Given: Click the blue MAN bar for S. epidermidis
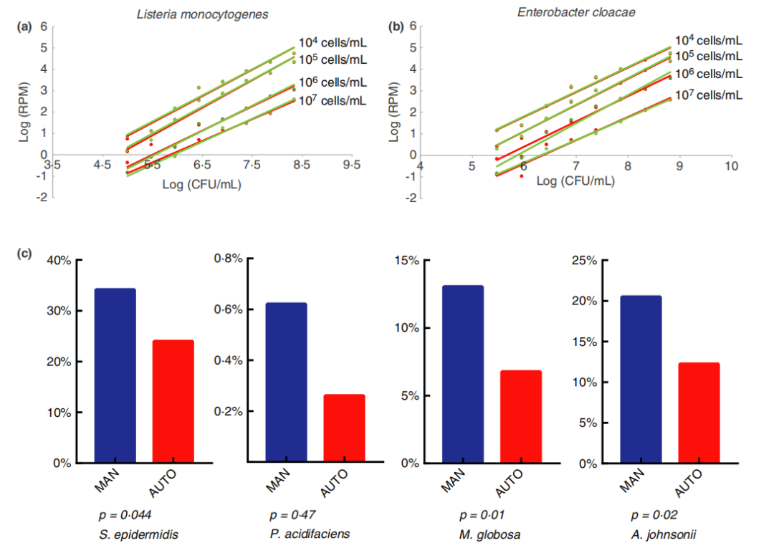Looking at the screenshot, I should click(x=115, y=376).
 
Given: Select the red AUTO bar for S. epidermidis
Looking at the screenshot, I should click(x=173, y=402).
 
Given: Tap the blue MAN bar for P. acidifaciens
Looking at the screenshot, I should click(x=286, y=383).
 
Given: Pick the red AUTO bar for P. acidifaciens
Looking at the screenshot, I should click(x=344, y=429).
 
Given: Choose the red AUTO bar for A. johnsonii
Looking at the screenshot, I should click(x=698, y=413).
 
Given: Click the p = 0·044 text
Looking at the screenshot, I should click(x=124, y=515).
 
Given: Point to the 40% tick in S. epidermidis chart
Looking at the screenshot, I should click(x=58, y=261).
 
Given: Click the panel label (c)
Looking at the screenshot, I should click(x=26, y=254).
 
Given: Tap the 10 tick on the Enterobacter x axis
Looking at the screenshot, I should click(x=731, y=166).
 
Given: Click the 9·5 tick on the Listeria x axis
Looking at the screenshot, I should click(x=352, y=165).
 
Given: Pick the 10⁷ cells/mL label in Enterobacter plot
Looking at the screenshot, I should click(x=707, y=95).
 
